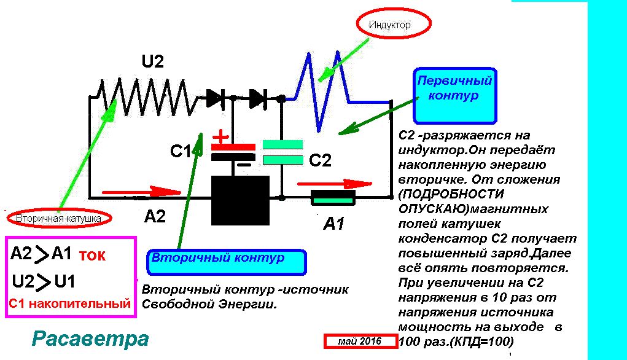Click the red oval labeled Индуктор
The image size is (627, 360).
coord(394,25)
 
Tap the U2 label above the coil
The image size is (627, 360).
coord(153,62)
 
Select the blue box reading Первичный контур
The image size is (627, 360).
coord(455,95)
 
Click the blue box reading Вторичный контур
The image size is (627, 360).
coord(226,261)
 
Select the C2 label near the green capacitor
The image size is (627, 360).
coord(319,161)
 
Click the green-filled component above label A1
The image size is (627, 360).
coord(333,198)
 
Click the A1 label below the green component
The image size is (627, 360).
coord(333,224)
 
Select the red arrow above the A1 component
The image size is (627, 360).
coord(335,183)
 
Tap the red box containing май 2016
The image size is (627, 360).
coord(360,342)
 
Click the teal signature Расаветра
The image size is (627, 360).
coord(90,339)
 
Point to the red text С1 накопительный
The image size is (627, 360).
coord(70,303)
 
